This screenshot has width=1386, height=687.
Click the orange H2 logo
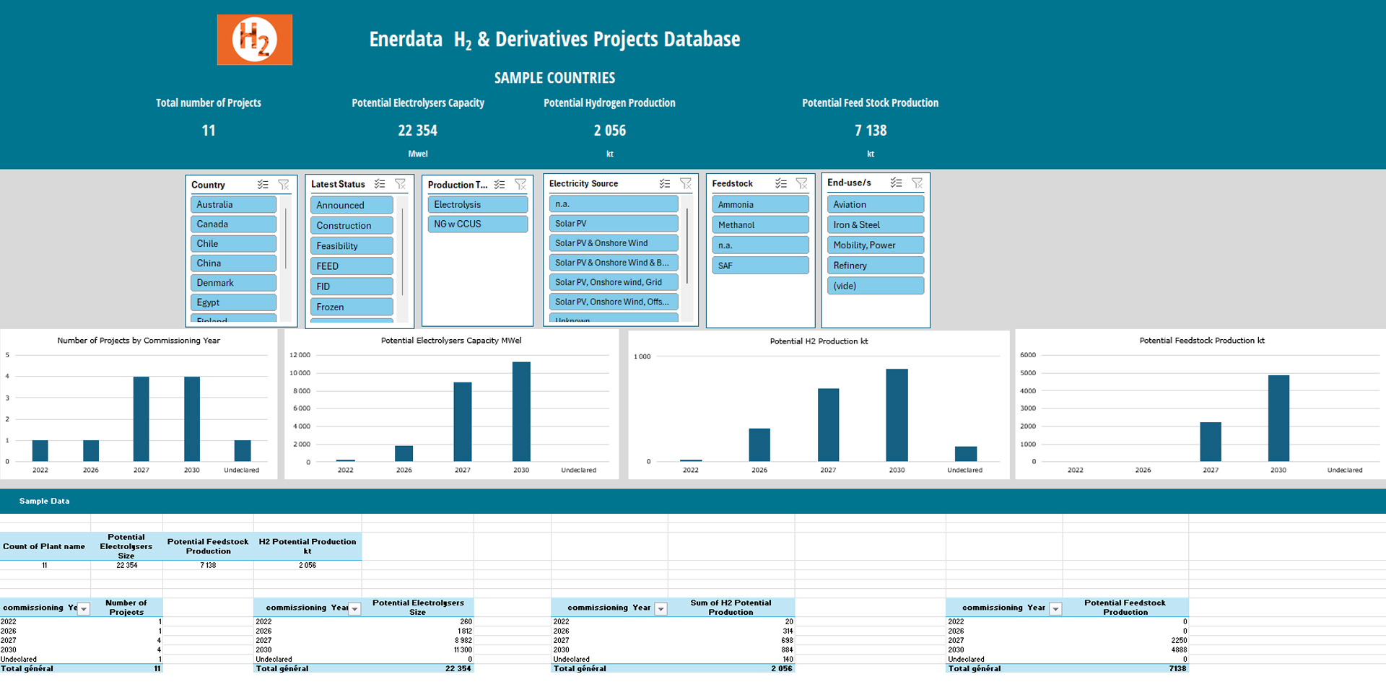(x=255, y=40)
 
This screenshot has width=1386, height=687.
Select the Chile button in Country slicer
(x=233, y=244)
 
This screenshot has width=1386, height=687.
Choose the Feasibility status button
(x=352, y=246)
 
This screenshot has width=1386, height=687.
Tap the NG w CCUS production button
(x=477, y=224)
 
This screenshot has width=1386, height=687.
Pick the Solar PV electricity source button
(x=613, y=224)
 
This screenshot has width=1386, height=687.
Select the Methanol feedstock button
(x=760, y=225)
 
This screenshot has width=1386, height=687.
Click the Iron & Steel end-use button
(x=875, y=225)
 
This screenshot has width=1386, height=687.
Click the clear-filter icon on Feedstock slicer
(x=801, y=184)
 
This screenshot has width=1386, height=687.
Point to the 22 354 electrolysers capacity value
(x=417, y=131)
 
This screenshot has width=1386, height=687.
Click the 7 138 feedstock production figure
(x=871, y=131)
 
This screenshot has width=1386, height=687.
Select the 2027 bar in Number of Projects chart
(x=141, y=419)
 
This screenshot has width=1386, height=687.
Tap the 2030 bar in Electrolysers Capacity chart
(x=521, y=411)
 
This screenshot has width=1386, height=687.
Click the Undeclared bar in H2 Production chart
(x=965, y=454)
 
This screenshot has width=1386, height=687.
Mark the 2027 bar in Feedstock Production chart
(x=1211, y=442)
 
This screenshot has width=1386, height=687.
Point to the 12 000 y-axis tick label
(x=300, y=355)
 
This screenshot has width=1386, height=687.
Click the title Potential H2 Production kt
(x=819, y=341)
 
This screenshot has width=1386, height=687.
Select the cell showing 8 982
(x=463, y=641)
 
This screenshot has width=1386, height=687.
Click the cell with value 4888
(x=1178, y=649)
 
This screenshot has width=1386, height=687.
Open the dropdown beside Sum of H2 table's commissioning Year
(x=661, y=609)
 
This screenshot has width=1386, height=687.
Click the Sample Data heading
(x=44, y=501)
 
